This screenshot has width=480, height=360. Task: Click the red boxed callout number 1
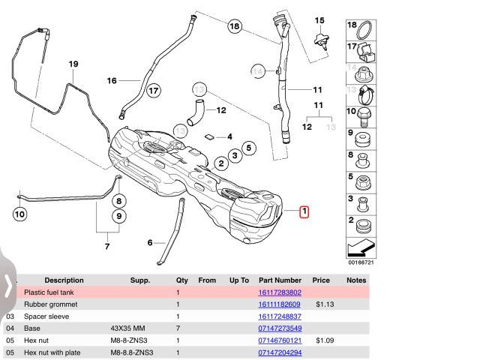[304, 212]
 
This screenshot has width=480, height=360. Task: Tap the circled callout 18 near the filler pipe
[235, 27]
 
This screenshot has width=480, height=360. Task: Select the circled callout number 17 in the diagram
[154, 91]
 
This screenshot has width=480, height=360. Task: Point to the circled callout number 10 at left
[19, 215]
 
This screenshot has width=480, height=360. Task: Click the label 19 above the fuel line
[73, 64]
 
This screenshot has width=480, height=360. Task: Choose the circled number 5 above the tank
[248, 148]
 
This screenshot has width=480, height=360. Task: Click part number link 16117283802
[280, 292]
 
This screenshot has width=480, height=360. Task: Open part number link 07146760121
[280, 340]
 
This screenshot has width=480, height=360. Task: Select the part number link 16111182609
[280, 304]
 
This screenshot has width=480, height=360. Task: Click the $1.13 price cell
[324, 304]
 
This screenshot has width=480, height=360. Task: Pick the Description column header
[64, 280]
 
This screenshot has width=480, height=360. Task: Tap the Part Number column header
[280, 280]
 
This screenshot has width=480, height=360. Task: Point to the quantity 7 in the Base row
[178, 328]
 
